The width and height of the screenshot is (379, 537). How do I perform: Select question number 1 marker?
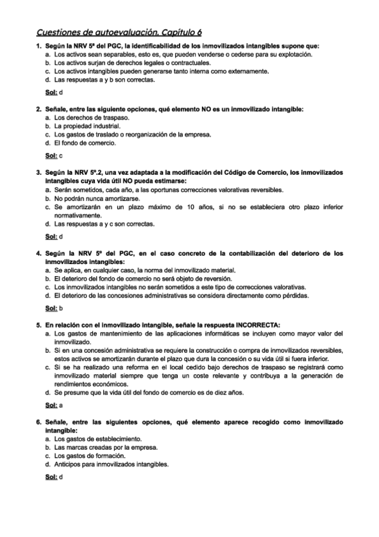39,46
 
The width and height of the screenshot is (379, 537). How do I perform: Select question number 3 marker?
39,172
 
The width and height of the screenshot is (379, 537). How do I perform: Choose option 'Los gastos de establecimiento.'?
96,438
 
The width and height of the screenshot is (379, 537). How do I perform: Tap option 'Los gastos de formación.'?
87,455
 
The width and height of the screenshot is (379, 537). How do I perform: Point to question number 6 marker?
39,421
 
